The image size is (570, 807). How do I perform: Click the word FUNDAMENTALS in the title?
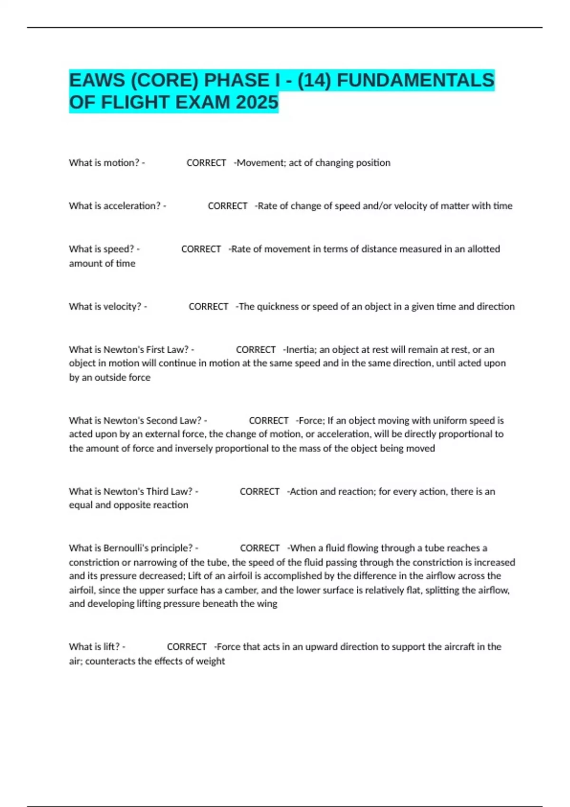point(416,80)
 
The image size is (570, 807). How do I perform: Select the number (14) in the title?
point(314,80)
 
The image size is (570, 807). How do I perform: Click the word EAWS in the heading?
point(96,80)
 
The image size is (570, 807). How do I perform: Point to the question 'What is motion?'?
point(104,163)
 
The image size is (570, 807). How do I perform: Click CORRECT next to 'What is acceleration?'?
point(228,206)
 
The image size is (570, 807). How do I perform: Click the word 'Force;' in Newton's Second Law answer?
point(311,421)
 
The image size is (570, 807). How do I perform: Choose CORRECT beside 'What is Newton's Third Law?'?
point(259,491)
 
